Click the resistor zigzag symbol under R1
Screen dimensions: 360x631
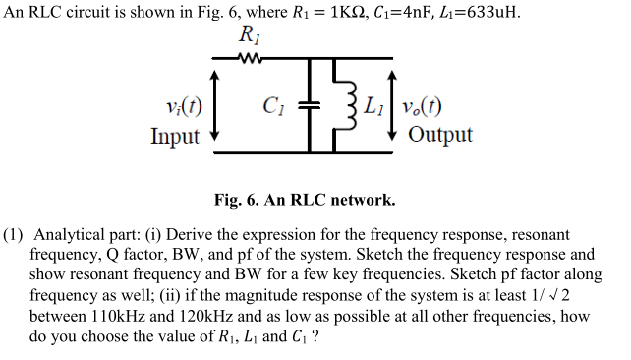click(x=252, y=58)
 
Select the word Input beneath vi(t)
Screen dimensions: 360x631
click(x=175, y=136)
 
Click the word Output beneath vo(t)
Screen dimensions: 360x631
click(x=439, y=135)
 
